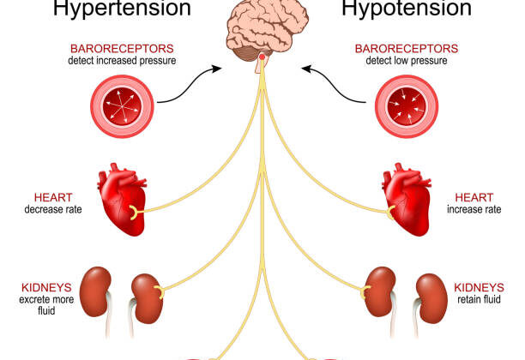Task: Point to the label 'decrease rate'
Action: [53, 208]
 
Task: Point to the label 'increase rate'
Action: [474, 208]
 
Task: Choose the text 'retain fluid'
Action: [478, 301]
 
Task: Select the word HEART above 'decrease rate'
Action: [54, 196]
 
